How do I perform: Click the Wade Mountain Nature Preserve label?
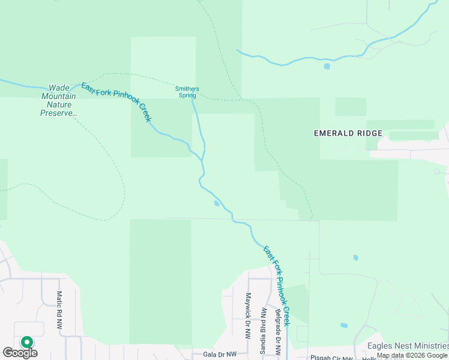coord(59,100)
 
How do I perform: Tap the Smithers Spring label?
coord(187,92)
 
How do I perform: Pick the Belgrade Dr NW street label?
coord(278,332)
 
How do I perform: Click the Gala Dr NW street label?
coord(220,355)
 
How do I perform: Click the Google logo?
coord(20,353)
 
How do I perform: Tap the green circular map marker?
coord(26,343)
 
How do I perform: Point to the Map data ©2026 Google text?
coord(412,355)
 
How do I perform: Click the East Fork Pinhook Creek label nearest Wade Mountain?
coord(116,101)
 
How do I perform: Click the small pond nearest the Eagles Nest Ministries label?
coord(344,326)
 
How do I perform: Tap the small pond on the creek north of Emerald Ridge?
coord(327,66)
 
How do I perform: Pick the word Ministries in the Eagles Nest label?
coord(427,346)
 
